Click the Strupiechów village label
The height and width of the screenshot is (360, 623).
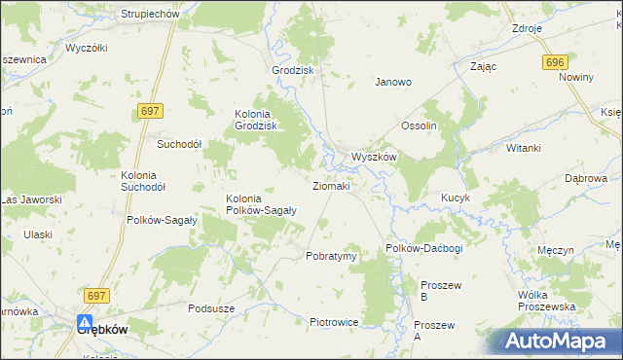pyautogui.click(x=150, y=15)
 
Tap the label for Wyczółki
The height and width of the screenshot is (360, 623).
pyautogui.click(x=86, y=48)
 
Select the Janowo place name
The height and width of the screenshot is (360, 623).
pyautogui.click(x=394, y=83)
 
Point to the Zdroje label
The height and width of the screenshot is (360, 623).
pyautogui.click(x=527, y=28)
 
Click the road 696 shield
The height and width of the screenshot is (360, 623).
pyautogui.click(x=555, y=62)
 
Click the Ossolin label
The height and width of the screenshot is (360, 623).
pyautogui.click(x=421, y=126)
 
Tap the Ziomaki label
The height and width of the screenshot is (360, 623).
pyautogui.click(x=330, y=185)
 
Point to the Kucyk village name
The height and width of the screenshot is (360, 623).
pyautogui.click(x=455, y=198)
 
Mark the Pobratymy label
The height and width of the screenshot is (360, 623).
pyautogui.click(x=331, y=256)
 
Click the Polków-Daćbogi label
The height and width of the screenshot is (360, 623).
pyautogui.click(x=423, y=249)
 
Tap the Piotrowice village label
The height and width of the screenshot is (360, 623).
pyautogui.click(x=334, y=322)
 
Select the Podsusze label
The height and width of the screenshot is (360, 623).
pyautogui.click(x=212, y=308)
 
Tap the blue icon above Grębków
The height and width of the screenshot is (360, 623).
pyautogui.click(x=86, y=322)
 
